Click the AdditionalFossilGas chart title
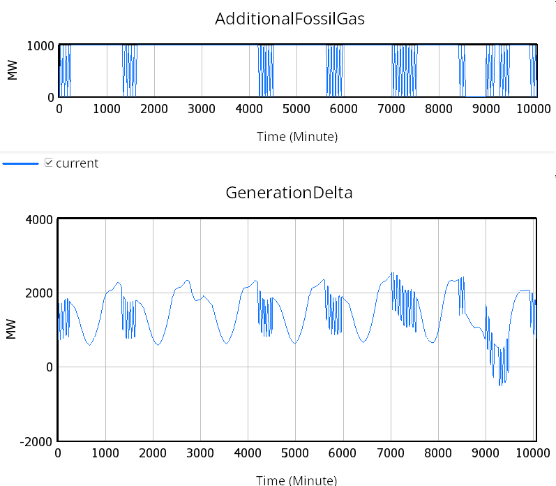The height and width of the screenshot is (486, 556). [290, 19]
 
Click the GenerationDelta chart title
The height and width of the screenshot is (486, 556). [289, 193]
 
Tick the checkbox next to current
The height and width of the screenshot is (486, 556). [49, 163]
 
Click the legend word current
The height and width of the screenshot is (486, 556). [77, 163]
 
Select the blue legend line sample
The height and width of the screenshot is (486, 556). [20, 163]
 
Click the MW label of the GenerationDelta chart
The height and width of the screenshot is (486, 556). [11, 330]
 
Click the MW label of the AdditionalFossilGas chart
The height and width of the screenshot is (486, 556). [11, 71]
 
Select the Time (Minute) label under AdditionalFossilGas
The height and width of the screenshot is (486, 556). [296, 137]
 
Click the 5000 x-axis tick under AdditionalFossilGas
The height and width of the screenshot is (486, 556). [296, 109]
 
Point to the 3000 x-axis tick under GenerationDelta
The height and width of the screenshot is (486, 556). [201, 453]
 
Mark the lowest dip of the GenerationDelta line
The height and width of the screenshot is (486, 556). [500, 385]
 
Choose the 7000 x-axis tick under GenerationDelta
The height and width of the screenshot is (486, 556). [391, 453]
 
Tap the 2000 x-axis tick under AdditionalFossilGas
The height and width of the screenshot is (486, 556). [153, 109]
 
